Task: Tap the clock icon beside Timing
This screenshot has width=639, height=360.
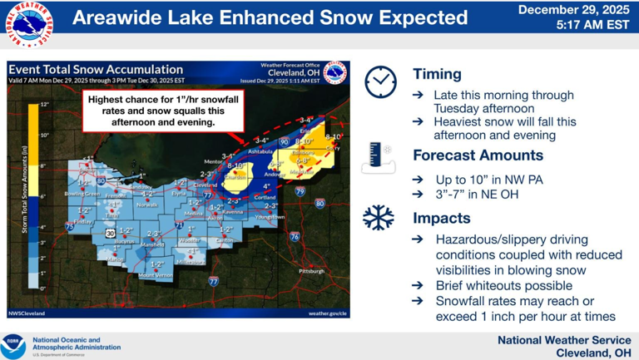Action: pyautogui.click(x=380, y=81)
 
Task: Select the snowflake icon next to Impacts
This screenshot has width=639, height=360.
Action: pyautogui.click(x=379, y=218)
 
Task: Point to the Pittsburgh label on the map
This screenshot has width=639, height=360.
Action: pyautogui.click(x=313, y=271)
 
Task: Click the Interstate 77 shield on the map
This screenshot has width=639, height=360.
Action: pyautogui.click(x=214, y=282)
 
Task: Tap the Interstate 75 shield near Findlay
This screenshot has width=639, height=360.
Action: pyautogui.click(x=69, y=225)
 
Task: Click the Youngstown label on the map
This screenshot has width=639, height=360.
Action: pyautogui.click(x=269, y=216)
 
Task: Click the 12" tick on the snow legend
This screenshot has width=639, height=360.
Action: pyautogui.click(x=44, y=105)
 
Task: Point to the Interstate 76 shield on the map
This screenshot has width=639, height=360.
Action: pyautogui.click(x=294, y=237)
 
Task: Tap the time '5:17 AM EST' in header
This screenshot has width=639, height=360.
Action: pyautogui.click(x=592, y=26)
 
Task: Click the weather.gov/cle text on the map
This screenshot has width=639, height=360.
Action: pyautogui.click(x=328, y=313)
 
